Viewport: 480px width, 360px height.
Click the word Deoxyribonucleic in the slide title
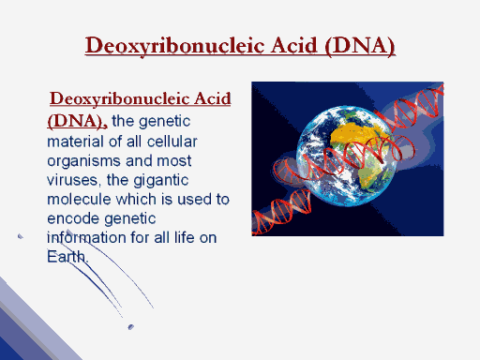(175, 46)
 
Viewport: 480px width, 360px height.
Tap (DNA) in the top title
(360, 46)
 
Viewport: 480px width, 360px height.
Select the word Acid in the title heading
(294, 45)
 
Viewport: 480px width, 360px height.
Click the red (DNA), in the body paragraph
(77, 121)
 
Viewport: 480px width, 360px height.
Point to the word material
(75, 142)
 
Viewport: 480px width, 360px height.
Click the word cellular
(172, 142)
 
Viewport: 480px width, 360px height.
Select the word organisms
(83, 161)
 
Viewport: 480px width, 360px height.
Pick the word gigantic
(160, 181)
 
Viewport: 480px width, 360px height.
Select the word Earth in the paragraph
(67, 257)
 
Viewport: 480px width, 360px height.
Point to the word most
(173, 161)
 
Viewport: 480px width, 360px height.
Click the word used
(194, 200)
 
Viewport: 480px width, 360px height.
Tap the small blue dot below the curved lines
(131, 327)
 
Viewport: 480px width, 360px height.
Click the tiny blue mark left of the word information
(21, 236)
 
